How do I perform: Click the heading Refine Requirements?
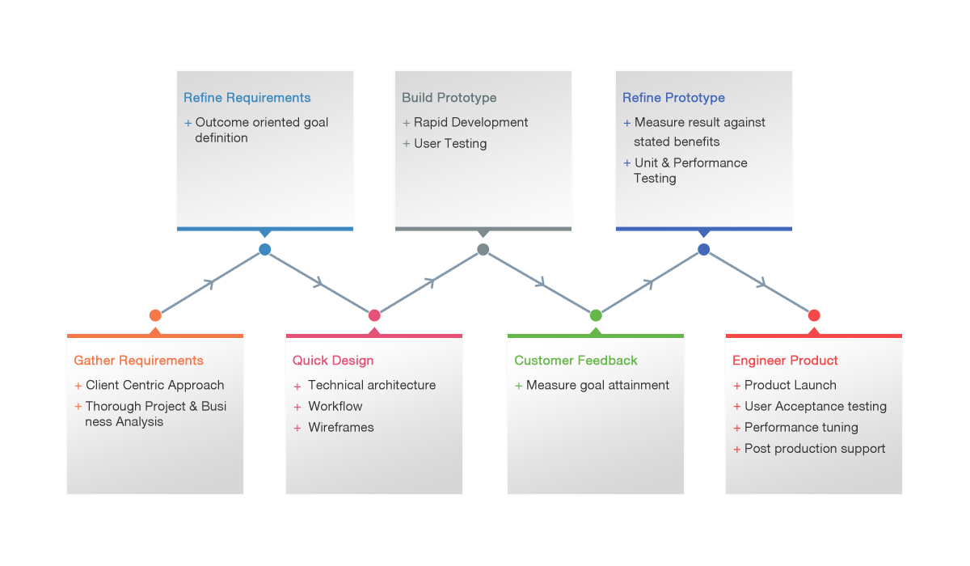tap(247, 98)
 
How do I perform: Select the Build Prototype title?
tap(449, 98)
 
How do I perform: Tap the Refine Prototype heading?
tap(673, 98)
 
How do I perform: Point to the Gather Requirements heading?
tap(138, 361)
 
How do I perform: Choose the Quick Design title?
tap(333, 361)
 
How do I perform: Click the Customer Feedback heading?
tap(576, 361)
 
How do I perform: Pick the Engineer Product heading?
tap(785, 361)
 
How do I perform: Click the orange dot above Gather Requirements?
tap(155, 315)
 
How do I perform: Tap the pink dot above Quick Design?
tap(374, 315)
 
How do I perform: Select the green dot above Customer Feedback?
tap(596, 315)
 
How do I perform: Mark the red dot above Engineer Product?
tap(814, 315)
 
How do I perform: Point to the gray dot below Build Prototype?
tap(483, 249)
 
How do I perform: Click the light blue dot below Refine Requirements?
tap(265, 249)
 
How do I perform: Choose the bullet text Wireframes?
tap(341, 428)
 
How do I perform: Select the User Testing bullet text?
tap(450, 143)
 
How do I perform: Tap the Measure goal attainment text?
tap(597, 385)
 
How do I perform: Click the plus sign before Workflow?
tap(297, 407)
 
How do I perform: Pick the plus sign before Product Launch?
tap(736, 386)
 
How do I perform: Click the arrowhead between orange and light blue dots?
tap(209, 284)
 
